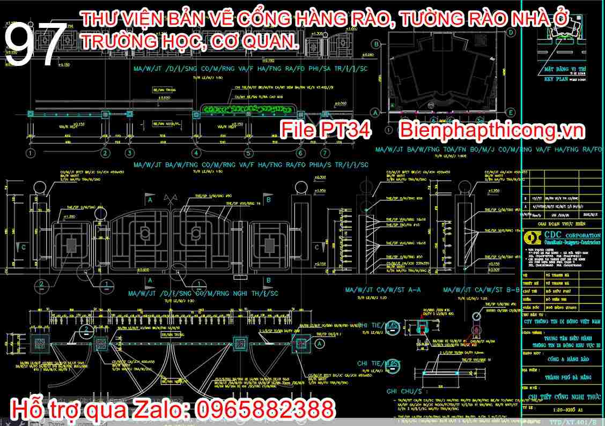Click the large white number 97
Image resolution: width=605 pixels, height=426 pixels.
tap(36, 46)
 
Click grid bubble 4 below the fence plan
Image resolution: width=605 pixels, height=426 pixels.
tap(196, 153)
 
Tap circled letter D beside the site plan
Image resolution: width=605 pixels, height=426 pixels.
tap(511, 32)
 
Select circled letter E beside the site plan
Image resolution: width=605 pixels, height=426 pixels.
tap(511, 112)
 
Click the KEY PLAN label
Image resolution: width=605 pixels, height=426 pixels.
tap(556, 79)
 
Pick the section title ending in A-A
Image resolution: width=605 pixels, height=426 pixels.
tap(383, 290)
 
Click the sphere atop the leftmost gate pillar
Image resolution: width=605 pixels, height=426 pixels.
tap(41, 189)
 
